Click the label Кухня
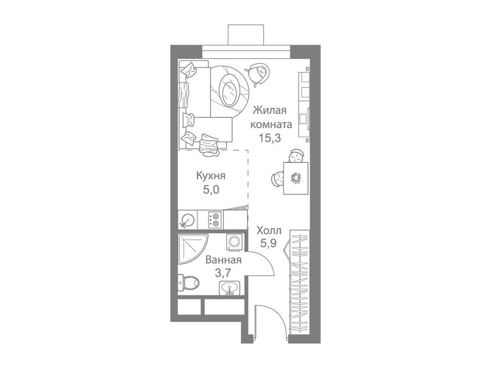[210, 176]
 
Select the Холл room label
[269, 230]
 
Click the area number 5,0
[210, 189]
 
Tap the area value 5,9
[269, 243]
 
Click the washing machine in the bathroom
[235, 242]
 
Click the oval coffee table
[229, 90]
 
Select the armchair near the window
[257, 74]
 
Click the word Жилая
[270, 111]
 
